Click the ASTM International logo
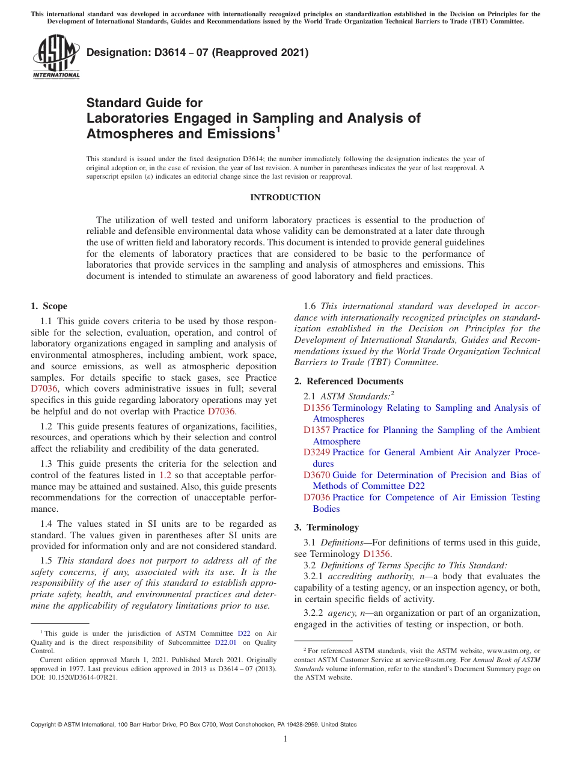55,57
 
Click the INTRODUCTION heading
285,198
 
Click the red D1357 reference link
316,430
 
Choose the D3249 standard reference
316,452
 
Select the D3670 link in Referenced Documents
316,475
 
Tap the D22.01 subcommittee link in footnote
225,642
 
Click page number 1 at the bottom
285,739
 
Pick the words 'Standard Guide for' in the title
144,103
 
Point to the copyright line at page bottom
194,725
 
